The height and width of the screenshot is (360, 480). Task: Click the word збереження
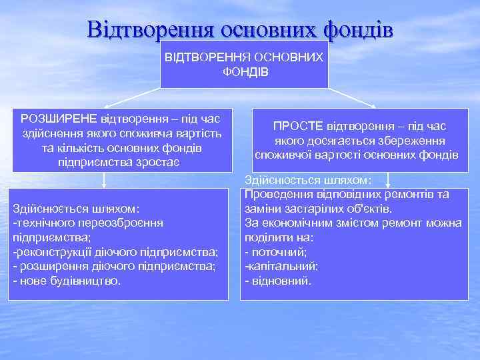(412, 141)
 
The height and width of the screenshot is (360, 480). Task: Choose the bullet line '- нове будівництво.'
(67, 281)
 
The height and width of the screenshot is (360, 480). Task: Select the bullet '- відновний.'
(278, 281)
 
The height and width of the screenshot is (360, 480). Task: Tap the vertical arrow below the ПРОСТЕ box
(388, 177)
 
